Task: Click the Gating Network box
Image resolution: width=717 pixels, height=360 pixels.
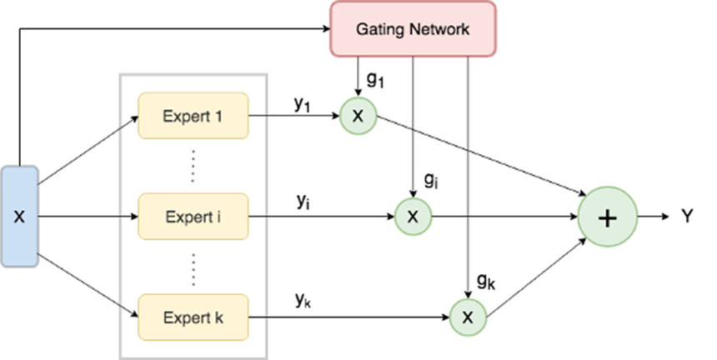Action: pos(413,29)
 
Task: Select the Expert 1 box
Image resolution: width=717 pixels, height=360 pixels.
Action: pos(193,115)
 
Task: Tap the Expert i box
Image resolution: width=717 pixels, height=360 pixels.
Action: pos(193,217)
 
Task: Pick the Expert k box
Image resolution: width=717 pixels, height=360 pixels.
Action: pos(193,317)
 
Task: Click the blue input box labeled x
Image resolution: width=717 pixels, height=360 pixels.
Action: pos(19,216)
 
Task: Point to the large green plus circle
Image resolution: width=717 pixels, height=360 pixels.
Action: pos(608,217)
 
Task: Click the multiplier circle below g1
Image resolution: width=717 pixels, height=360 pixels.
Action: pos(358,116)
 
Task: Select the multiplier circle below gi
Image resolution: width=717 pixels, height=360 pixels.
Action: pos(413,217)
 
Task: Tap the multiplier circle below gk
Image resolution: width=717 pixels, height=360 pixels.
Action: pos(468,317)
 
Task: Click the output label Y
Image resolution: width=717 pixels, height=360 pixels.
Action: pos(687,217)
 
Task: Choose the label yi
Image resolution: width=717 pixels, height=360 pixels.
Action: pos(302,202)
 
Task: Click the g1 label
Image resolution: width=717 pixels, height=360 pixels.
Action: pos(376,82)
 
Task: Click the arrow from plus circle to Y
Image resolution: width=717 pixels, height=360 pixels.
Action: pos(652,217)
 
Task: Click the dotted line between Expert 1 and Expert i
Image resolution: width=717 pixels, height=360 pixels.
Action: pos(193,166)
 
